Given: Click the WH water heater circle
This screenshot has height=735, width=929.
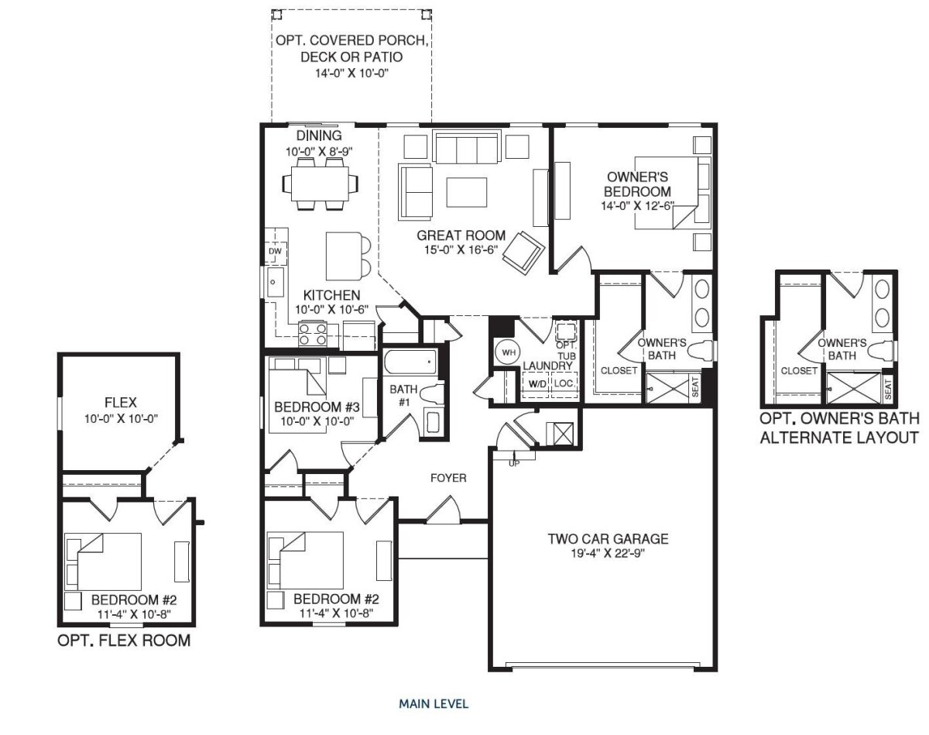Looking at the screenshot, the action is [x=508, y=352].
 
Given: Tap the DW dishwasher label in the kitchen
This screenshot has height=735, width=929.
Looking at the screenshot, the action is [x=275, y=251].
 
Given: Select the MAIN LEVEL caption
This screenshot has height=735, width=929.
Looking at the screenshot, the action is [x=434, y=704].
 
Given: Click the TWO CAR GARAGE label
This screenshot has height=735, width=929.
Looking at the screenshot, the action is [x=608, y=538].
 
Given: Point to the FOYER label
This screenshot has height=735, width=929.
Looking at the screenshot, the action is [x=448, y=478].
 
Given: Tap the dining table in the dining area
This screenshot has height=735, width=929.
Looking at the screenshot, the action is [x=320, y=184].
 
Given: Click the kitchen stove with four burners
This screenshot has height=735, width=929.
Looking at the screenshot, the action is [x=313, y=334].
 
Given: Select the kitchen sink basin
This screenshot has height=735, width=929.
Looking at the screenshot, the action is [x=275, y=282].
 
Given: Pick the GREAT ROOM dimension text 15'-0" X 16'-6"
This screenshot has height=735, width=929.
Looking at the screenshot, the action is [x=461, y=250].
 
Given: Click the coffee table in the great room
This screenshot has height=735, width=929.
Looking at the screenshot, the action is [x=467, y=192].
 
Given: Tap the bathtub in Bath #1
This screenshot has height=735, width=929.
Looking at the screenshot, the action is [x=410, y=362].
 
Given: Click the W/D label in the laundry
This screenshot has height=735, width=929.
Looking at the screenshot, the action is [x=537, y=383].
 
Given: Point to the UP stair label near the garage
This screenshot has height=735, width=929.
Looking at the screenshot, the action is [x=514, y=464].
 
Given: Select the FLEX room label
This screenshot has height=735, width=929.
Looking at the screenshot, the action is [x=121, y=403].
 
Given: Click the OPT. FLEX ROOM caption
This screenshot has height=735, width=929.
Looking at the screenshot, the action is [x=124, y=640].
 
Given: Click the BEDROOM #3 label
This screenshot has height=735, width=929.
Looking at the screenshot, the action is [x=317, y=407].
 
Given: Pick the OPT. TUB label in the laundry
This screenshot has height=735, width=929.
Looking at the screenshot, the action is [x=566, y=351].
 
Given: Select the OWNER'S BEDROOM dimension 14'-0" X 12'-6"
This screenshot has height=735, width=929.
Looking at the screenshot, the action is [x=637, y=206].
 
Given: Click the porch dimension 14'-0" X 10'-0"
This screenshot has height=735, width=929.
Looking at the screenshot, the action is [x=351, y=73].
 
